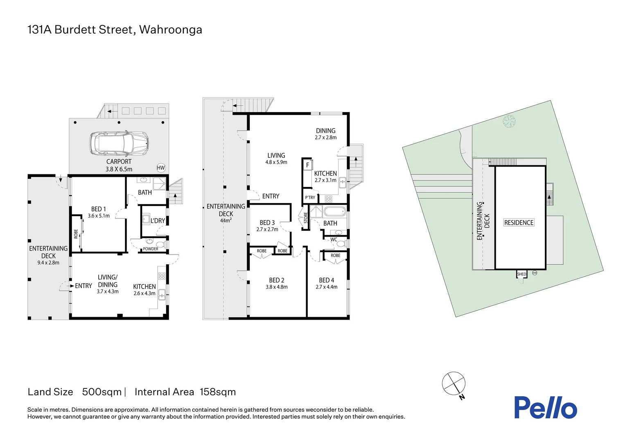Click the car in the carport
(x=119, y=143)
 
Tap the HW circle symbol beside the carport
(x=161, y=168)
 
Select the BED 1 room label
(x=99, y=209)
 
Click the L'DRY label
(x=158, y=221)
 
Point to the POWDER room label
(x=150, y=249)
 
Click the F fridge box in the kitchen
(x=307, y=165)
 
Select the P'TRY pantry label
(x=310, y=198)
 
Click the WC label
(x=334, y=240)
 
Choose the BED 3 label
(x=267, y=223)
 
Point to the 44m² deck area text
(x=226, y=221)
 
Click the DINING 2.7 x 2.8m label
(x=325, y=134)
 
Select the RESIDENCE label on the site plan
(x=519, y=223)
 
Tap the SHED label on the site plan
(x=521, y=274)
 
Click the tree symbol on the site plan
(x=509, y=121)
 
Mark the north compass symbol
(x=454, y=384)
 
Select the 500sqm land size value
(x=102, y=392)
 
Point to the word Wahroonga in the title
(x=170, y=30)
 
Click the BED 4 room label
(x=326, y=280)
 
